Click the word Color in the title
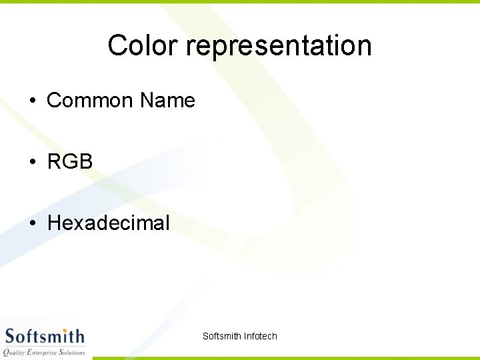143,45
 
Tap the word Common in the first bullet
90,101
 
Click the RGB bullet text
70,161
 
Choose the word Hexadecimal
109,223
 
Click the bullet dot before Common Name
32,101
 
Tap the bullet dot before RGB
32,161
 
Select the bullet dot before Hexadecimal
32,223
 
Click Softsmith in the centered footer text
221,336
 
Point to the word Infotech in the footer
260,336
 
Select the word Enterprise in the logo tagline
47,352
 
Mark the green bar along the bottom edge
287,358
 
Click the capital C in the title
117,45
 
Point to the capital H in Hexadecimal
54,223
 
